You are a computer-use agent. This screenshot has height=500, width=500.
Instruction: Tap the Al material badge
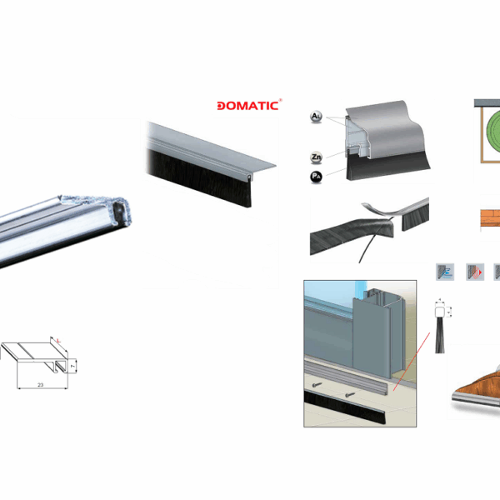click(x=316, y=115)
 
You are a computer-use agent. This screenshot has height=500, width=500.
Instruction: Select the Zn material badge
click(x=316, y=156)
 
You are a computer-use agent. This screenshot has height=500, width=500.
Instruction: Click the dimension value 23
click(x=39, y=384)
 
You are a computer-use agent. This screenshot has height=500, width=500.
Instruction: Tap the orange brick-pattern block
click(x=489, y=218)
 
